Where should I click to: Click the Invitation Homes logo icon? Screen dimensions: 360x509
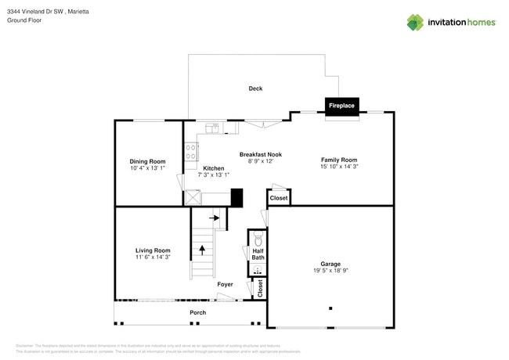(415, 22)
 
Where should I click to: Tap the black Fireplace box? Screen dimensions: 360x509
(342, 105)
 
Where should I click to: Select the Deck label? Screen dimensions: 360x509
(255, 88)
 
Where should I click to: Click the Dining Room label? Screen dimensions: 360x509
(147, 161)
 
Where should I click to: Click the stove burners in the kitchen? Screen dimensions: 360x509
(190, 152)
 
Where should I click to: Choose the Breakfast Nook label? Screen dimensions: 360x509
(260, 154)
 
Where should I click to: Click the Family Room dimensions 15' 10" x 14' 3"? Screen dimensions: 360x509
(338, 167)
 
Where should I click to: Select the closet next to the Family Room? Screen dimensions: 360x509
(279, 198)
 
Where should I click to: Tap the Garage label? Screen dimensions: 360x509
(330, 264)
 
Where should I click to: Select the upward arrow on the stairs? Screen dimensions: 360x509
(202, 250)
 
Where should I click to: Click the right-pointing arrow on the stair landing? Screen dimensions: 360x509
(214, 218)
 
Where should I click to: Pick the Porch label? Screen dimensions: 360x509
(198, 312)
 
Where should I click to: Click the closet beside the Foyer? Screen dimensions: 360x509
(260, 289)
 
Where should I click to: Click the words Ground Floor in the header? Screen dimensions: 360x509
(24, 21)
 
